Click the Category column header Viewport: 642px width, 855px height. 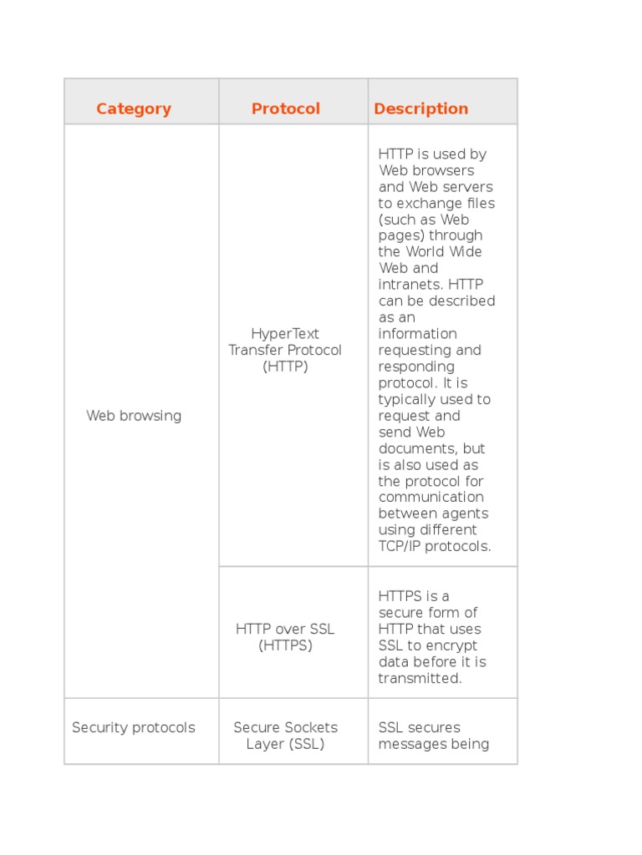[134, 109]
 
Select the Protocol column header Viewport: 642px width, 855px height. [286, 109]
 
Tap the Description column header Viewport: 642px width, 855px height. [420, 109]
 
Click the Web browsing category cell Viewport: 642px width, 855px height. [134, 416]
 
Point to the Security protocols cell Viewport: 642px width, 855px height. [134, 727]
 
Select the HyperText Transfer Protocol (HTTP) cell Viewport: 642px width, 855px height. [285, 350]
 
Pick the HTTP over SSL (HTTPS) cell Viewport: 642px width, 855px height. [285, 637]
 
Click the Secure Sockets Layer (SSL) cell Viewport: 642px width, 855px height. [285, 736]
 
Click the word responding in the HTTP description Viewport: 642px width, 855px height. [416, 367]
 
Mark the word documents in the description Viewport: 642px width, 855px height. [415, 448]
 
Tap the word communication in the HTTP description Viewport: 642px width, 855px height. [431, 498]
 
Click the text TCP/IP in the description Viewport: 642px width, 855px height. [400, 547]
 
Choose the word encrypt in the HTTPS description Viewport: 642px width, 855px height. [451, 645]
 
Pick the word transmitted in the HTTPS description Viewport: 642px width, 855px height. [419, 679]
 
